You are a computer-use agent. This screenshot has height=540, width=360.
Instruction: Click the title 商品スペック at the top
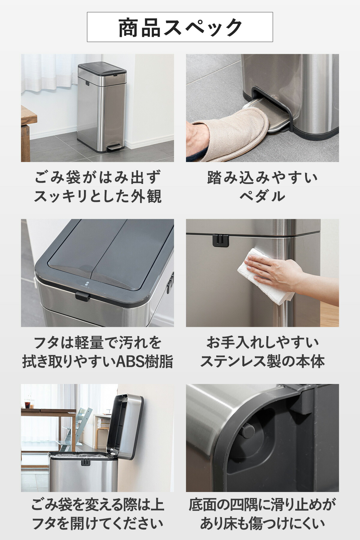tap(180, 28)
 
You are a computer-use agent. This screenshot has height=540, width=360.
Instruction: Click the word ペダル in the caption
tap(262, 196)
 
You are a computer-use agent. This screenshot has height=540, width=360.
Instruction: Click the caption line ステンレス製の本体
tap(262, 361)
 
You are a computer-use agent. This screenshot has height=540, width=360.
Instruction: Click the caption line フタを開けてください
tap(98, 524)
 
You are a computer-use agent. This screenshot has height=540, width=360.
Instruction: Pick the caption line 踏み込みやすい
tap(262, 178)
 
